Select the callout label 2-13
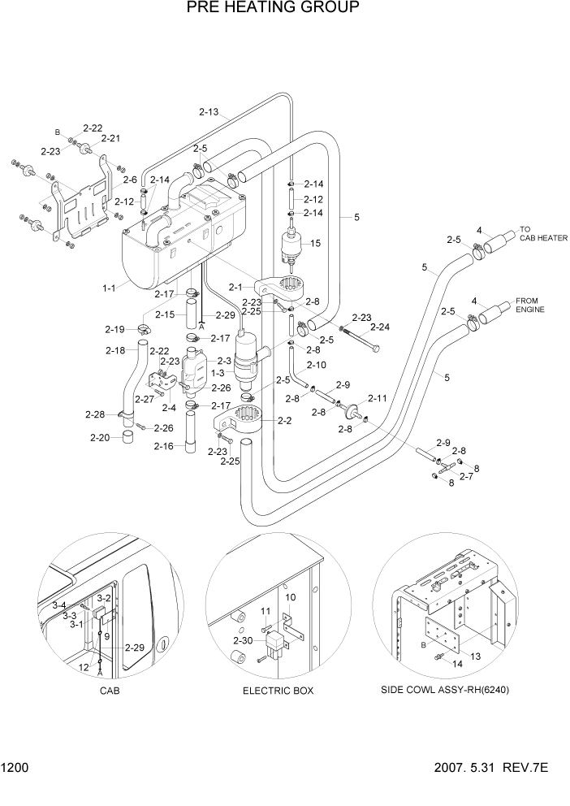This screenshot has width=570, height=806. point(209,111)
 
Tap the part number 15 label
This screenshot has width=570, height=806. point(316,243)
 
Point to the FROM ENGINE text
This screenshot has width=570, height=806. point(530,305)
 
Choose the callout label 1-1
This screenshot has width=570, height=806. point(109,288)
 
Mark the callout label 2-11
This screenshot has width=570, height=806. point(378,398)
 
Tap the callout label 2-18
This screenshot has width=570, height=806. point(115,351)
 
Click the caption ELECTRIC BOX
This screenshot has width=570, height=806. point(278,691)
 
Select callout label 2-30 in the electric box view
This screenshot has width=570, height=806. point(243,641)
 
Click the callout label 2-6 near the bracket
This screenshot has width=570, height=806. point(129,180)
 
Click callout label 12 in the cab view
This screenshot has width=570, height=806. point(83,666)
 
